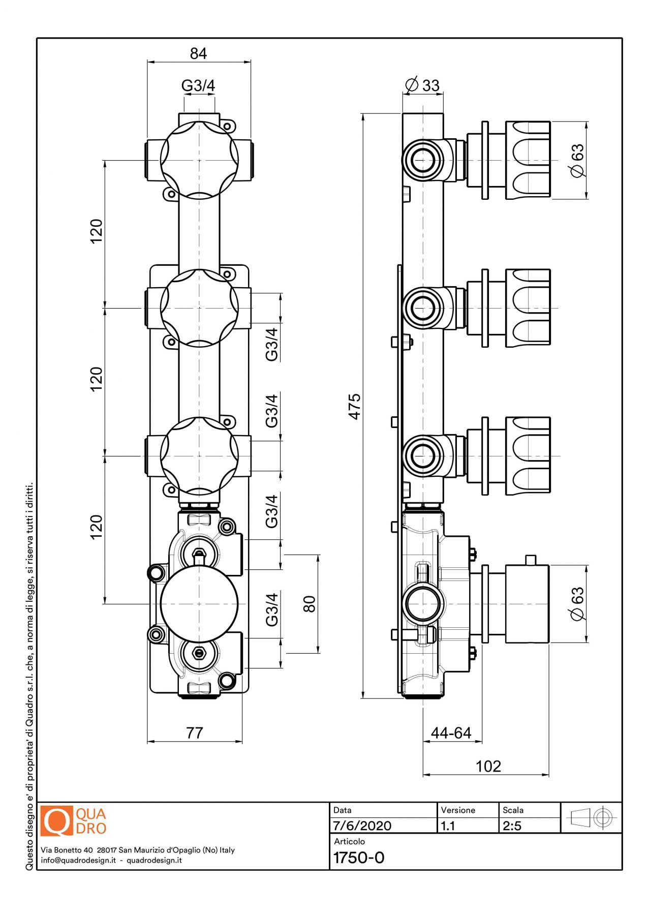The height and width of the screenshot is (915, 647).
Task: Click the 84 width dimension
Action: click(x=198, y=53)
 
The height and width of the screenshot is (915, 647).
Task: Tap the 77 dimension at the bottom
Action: click(x=195, y=733)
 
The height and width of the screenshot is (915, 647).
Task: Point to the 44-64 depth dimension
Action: click(x=451, y=733)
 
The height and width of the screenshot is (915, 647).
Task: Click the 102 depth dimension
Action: click(x=488, y=766)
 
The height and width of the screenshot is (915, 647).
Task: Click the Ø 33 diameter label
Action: click(x=422, y=85)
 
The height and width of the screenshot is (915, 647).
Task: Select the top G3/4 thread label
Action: click(x=198, y=85)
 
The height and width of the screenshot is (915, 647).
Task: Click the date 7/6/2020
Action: click(x=362, y=826)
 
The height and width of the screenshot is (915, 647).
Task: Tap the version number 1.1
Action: click(x=448, y=826)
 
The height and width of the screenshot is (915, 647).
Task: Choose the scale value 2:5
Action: click(x=512, y=826)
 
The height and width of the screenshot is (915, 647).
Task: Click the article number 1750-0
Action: click(x=359, y=858)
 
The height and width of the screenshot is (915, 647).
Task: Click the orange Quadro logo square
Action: click(x=56, y=821)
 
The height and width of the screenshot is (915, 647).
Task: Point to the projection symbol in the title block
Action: click(x=592, y=818)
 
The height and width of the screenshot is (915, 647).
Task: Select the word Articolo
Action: click(x=349, y=841)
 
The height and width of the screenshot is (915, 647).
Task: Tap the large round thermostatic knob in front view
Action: click(x=199, y=604)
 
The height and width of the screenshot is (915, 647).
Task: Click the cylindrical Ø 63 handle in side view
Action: click(x=527, y=604)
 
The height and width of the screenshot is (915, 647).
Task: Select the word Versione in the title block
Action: click(x=458, y=810)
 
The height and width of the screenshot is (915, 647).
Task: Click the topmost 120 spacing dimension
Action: click(x=96, y=231)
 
